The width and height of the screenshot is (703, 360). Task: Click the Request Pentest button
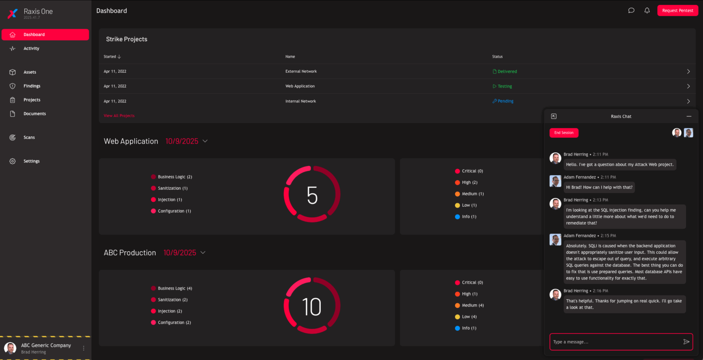pos(677,11)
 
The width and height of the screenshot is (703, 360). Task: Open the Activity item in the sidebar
pos(31,48)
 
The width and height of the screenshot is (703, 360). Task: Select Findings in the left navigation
pos(32,86)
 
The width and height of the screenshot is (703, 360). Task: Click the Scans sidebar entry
pos(29,137)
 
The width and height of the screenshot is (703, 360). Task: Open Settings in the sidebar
pos(31,161)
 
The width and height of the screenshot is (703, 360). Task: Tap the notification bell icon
pos(647,11)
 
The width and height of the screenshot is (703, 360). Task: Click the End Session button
pos(564,133)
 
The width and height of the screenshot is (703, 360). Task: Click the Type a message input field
pos(616,342)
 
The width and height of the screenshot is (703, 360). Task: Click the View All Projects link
pos(119,116)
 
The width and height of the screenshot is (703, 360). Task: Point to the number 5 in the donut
pos(312,195)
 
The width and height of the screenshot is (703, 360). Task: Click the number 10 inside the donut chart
pos(312,307)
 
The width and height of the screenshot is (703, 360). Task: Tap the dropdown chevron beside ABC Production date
pos(203,253)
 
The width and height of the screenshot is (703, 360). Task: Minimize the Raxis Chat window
pos(688,116)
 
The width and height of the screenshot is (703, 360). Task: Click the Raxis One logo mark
pos(13,13)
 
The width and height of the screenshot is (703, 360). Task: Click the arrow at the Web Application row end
pos(688,86)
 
